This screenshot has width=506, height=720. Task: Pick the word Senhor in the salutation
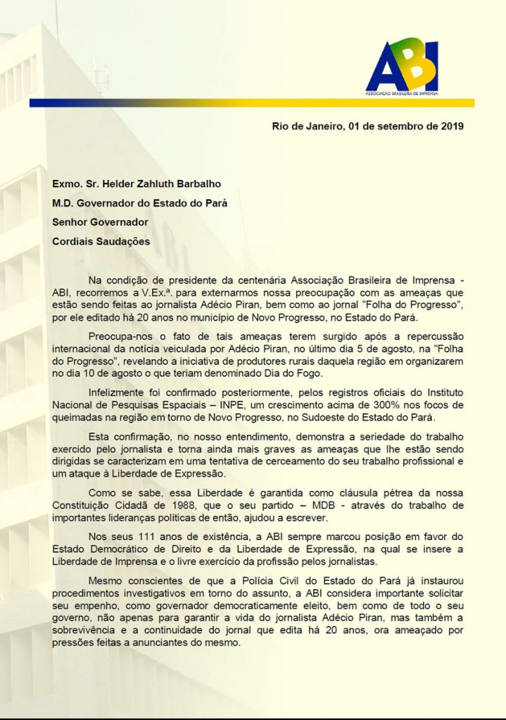70,221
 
